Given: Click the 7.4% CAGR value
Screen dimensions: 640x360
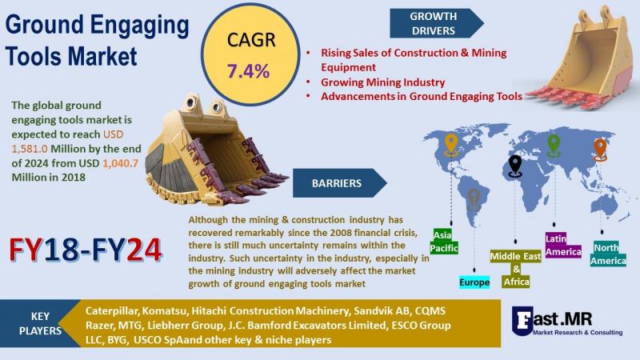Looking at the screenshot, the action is [x=248, y=71].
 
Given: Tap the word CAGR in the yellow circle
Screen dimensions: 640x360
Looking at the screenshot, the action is [x=251, y=40].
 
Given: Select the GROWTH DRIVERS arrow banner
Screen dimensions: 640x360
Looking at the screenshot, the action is [x=437, y=23].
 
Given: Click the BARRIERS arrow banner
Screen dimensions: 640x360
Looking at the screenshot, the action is [x=339, y=183].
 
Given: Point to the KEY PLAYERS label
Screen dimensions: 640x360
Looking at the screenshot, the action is [x=41, y=323].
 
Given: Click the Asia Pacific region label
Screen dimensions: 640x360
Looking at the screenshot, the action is [x=444, y=242].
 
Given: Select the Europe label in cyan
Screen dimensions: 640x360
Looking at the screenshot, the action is [x=474, y=282].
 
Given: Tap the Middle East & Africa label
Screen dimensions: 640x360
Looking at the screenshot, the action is [x=516, y=269].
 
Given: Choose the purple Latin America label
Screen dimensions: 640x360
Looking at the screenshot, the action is [x=563, y=245].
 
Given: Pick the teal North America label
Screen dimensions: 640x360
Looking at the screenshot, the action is [x=608, y=254].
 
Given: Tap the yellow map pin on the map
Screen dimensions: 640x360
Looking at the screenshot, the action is [x=451, y=145].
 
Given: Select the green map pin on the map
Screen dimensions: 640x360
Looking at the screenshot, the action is [x=554, y=146].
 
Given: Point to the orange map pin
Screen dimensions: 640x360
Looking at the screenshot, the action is [x=600, y=150].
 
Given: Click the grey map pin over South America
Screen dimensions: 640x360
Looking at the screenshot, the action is [x=474, y=199].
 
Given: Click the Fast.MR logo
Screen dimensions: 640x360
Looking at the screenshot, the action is [x=567, y=322].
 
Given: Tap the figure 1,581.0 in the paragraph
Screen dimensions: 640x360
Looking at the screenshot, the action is [x=30, y=149].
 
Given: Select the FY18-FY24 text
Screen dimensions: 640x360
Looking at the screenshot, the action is [x=86, y=250].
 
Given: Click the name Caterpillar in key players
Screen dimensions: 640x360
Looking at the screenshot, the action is [x=111, y=311].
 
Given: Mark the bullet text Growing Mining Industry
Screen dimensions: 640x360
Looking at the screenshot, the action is [x=382, y=82].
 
